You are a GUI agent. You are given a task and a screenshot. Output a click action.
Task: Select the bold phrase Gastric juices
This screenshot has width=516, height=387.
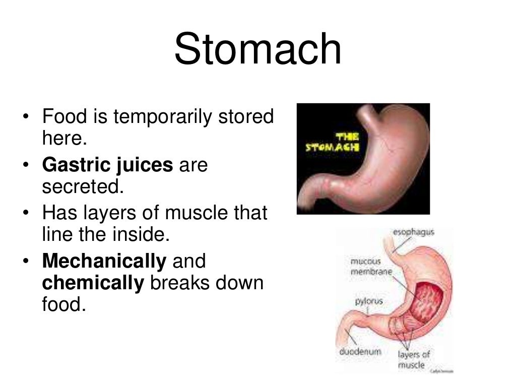107,165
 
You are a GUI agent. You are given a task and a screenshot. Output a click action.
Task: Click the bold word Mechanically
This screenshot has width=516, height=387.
104,261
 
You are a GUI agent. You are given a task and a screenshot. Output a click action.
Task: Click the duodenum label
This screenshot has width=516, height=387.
359,351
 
